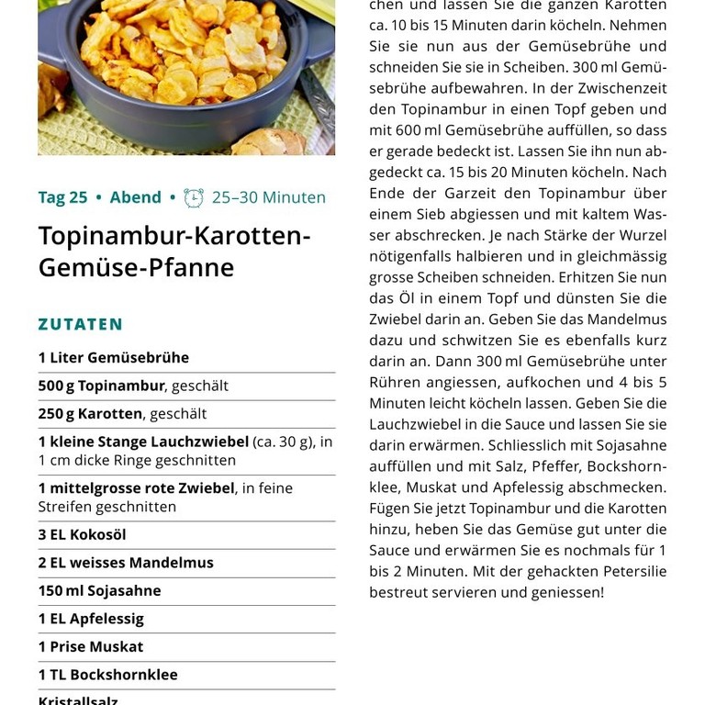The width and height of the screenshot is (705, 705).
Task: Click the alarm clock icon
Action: (x=194, y=197)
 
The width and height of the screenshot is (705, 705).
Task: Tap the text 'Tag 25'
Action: (x=62, y=197)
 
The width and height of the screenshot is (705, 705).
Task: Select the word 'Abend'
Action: (x=135, y=197)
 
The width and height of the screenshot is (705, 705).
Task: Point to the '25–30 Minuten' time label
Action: (x=268, y=197)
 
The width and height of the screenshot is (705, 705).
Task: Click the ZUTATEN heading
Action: (x=81, y=324)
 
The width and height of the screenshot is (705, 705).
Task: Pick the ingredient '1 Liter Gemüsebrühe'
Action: (x=114, y=358)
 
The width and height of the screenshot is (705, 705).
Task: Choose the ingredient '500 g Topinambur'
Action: (x=101, y=386)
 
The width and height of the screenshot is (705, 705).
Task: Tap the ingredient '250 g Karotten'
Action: (x=90, y=414)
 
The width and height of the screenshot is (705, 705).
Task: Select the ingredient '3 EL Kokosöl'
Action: (x=83, y=534)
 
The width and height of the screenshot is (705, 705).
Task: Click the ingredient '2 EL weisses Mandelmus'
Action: (x=126, y=563)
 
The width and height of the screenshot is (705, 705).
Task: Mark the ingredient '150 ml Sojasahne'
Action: (x=99, y=590)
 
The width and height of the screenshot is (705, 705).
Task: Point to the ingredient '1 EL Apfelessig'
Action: (x=91, y=619)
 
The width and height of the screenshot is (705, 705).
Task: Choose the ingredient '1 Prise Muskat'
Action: (x=91, y=646)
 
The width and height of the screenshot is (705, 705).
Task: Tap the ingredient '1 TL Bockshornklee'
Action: (x=108, y=675)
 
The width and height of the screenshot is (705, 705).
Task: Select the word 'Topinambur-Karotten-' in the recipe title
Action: (x=174, y=236)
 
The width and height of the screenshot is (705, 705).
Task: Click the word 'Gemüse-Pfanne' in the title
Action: (x=136, y=268)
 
